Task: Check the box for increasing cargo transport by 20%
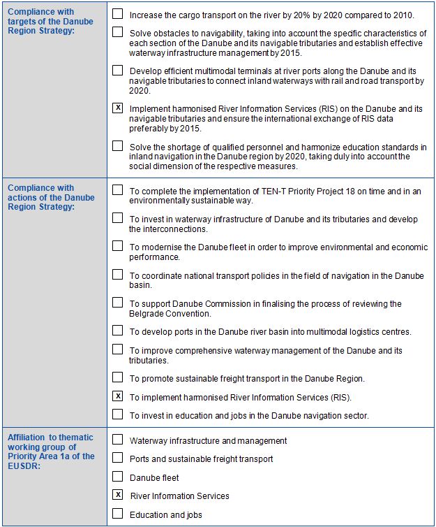pos(117,14)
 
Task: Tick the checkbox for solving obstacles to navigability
pos(117,32)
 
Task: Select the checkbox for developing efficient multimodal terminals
pos(117,71)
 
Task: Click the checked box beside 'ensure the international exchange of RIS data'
pos(117,108)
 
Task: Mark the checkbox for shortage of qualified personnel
pos(117,146)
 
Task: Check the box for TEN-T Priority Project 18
pos(117,190)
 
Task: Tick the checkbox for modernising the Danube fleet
pos(117,246)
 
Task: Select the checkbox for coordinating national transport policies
pos(117,274)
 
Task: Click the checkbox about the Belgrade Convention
pos(117,303)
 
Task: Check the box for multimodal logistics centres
pos(117,331)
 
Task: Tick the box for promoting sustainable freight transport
pos(117,377)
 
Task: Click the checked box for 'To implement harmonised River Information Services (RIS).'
pos(117,396)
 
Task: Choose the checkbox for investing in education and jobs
pos(117,414)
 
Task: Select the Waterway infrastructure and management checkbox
pos(117,440)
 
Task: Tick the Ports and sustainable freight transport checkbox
pos(117,459)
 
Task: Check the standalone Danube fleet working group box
pos(117,477)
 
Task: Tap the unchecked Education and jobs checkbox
pos(117,514)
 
